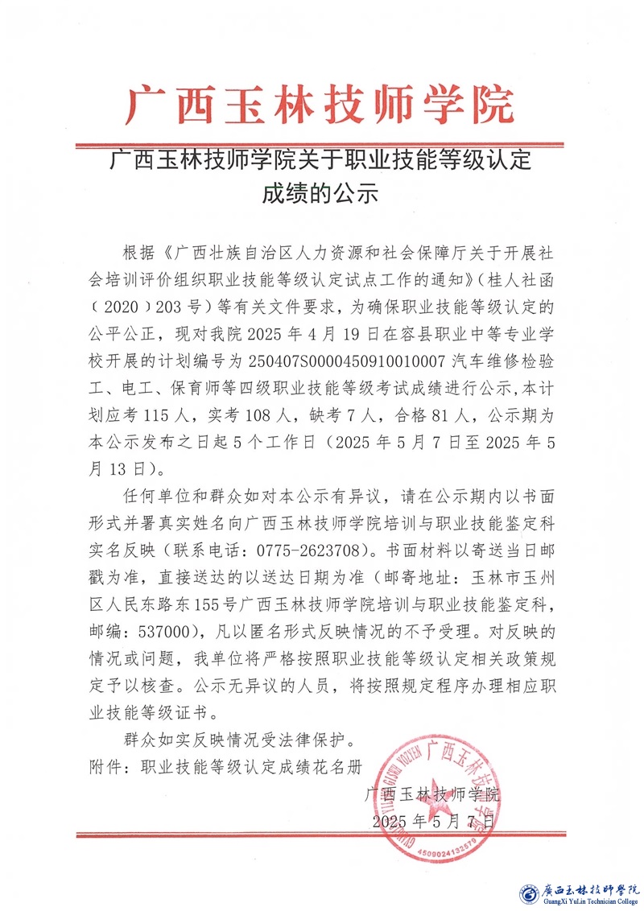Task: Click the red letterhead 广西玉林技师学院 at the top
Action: [320, 105]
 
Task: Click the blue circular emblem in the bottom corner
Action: [529, 893]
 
